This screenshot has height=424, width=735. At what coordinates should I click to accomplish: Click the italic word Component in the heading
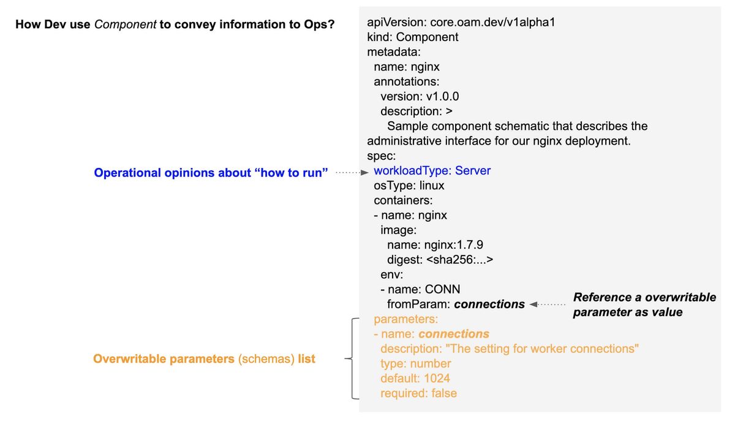125,25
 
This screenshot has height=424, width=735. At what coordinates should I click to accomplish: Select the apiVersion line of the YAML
461,22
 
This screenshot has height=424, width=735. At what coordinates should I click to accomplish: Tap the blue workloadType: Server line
432,171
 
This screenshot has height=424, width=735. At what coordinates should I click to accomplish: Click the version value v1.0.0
442,96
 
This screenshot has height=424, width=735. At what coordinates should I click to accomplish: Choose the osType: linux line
409,186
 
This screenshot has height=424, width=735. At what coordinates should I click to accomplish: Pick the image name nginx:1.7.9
453,245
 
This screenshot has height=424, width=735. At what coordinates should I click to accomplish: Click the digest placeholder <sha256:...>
460,260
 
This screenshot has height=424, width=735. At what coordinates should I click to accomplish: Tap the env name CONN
442,289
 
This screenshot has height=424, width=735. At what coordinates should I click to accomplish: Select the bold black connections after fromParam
489,305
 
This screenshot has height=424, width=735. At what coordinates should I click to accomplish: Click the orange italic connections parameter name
454,334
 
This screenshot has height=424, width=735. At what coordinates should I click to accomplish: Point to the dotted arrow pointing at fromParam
548,305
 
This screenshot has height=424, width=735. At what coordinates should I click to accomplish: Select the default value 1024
437,379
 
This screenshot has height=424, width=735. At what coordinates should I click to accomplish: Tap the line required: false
419,393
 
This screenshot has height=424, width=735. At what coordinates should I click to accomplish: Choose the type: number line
416,363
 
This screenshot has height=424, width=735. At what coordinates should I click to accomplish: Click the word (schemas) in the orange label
266,359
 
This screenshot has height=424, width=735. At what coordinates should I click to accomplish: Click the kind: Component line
412,37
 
